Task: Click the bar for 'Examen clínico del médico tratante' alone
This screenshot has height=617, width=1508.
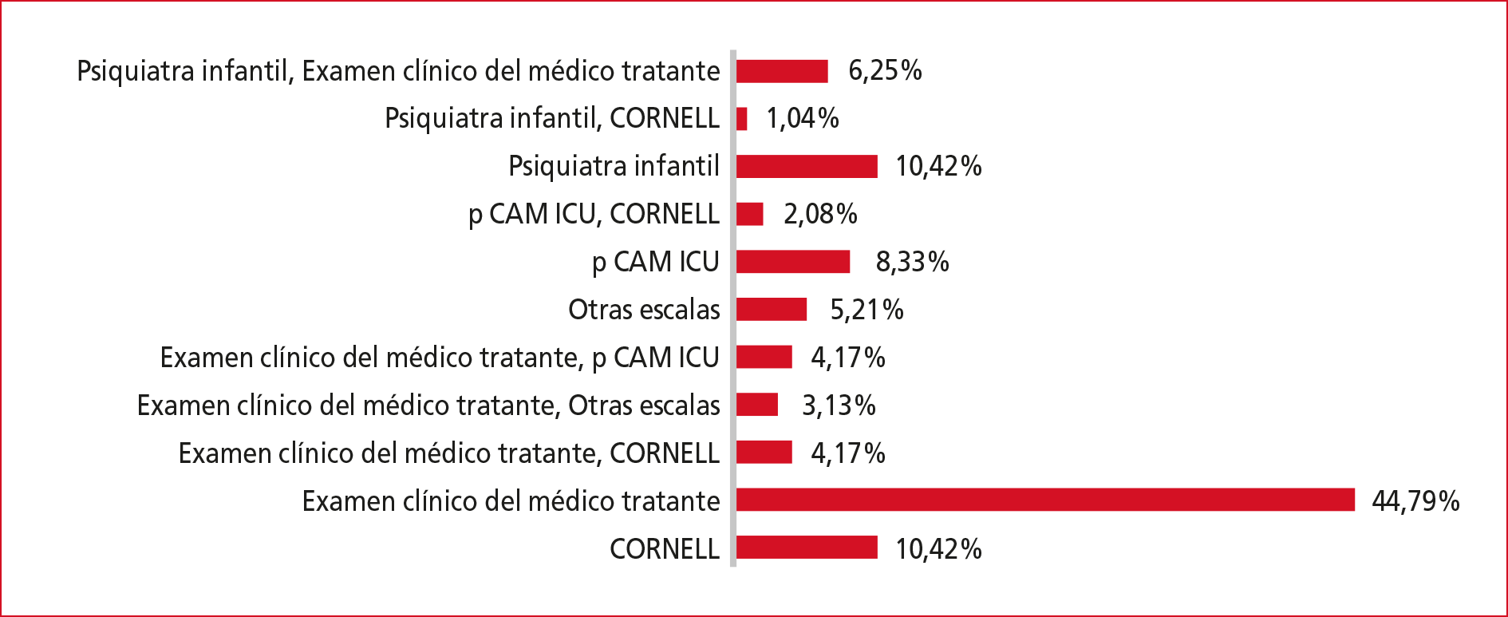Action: point(1045,500)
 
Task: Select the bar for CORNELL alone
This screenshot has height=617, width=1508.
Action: point(807,548)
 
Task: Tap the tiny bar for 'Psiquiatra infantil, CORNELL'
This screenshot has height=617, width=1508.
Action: point(742,118)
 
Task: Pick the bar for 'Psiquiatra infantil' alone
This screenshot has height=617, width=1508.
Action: point(807,166)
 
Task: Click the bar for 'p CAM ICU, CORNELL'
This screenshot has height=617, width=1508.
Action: point(750,214)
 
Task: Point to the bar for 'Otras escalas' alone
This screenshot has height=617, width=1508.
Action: point(772,309)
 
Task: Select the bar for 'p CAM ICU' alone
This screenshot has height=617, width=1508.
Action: point(793,261)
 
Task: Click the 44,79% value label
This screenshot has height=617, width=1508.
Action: point(1415,500)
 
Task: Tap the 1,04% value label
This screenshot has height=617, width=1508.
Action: point(803,118)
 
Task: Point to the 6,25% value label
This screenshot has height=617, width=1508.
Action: point(885,70)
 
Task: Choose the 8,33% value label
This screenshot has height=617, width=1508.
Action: point(912,261)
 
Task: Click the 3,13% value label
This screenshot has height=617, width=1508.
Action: point(839,405)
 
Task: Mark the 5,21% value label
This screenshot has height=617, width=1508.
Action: point(867,309)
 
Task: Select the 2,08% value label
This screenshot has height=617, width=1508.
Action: point(820,214)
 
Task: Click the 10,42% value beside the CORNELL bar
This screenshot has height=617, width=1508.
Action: point(938,548)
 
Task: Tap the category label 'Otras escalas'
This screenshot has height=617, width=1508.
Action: point(644,309)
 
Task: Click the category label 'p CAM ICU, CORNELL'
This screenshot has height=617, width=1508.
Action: point(594,214)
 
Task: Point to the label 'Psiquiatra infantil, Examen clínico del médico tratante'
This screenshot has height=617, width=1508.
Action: point(398,71)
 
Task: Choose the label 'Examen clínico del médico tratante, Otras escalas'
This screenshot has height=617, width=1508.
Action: point(428,405)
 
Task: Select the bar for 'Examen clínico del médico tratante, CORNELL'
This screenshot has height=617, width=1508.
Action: point(764,452)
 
